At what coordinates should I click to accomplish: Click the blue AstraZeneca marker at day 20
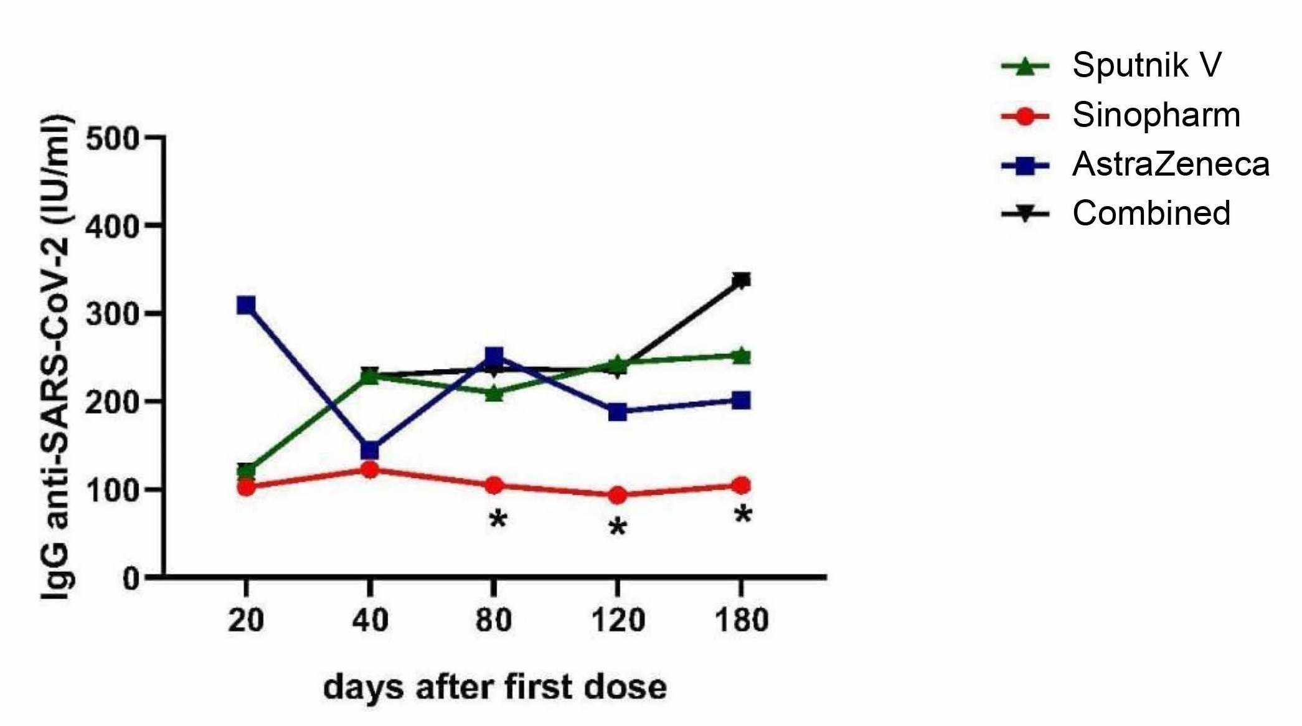point(246,305)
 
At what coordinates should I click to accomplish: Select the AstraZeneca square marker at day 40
point(370,450)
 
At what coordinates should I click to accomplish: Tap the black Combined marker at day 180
point(741,280)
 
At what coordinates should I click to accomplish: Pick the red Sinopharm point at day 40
point(370,469)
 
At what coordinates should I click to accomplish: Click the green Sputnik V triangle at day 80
point(494,393)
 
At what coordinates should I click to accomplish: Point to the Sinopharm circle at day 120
point(617,496)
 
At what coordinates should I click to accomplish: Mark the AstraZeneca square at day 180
point(741,400)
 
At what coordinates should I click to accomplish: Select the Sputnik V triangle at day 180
point(741,356)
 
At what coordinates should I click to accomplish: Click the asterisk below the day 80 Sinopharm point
point(498,520)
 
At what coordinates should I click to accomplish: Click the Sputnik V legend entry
point(1146,65)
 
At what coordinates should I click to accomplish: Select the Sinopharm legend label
point(1156,115)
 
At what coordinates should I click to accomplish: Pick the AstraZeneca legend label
point(1171,165)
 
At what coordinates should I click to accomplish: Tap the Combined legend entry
point(1151,214)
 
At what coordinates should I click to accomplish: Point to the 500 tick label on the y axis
point(112,138)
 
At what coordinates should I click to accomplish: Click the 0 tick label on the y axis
point(131,579)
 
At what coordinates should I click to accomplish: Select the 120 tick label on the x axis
point(617,621)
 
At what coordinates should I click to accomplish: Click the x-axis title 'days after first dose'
point(495,687)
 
